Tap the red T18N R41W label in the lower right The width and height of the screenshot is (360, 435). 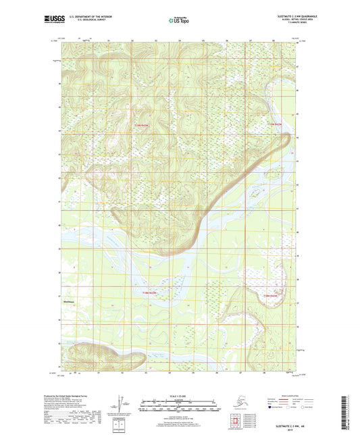(271, 296)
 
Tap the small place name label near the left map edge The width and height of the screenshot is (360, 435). (68, 302)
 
